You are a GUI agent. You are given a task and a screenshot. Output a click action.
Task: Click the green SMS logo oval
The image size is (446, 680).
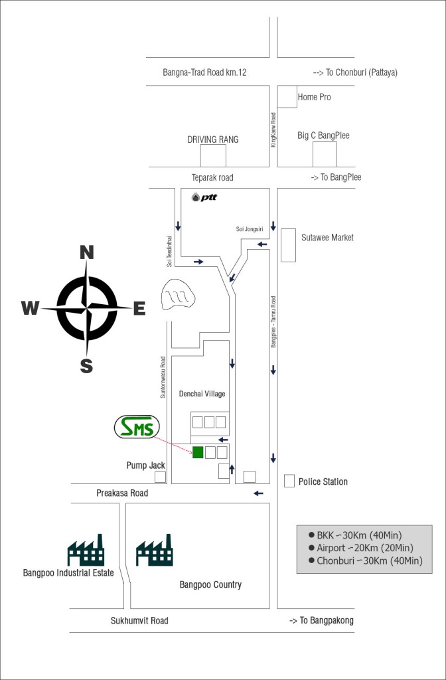point(137,427)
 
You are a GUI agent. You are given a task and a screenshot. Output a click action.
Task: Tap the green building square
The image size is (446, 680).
point(198,452)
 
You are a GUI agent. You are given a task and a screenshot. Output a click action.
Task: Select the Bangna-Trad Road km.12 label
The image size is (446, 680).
point(204,72)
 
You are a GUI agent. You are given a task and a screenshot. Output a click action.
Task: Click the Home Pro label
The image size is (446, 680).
point(314,97)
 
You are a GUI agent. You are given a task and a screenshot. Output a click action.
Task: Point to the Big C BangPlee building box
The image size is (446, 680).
point(325,154)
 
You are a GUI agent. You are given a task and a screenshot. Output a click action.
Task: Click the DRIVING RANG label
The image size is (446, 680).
point(213,139)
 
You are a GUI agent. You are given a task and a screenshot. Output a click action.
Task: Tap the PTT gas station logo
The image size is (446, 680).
point(204,197)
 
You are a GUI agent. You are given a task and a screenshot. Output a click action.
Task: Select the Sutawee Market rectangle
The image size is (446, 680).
point(288,245)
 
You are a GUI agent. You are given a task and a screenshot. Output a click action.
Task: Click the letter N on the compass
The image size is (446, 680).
point(87,252)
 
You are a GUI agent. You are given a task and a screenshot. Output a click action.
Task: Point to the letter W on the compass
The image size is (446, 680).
point(31,308)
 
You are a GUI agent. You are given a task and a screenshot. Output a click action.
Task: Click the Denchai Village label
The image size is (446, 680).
point(202,394)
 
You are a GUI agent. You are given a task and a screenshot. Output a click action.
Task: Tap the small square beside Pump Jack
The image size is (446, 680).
point(161,477)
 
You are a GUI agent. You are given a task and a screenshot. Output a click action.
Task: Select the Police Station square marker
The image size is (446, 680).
point(289,481)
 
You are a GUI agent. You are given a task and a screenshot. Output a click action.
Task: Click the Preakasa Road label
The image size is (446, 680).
point(122,493)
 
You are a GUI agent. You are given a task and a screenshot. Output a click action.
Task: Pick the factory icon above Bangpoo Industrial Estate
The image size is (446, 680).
point(86,550)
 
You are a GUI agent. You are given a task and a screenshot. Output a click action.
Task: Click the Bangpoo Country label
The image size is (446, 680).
point(210,584)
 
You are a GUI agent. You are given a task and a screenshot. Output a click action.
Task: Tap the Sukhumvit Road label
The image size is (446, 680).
point(139,621)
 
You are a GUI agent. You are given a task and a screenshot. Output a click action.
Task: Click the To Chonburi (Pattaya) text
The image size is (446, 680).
point(355,72)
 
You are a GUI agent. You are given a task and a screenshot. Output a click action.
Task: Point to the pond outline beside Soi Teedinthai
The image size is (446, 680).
point(178,294)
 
